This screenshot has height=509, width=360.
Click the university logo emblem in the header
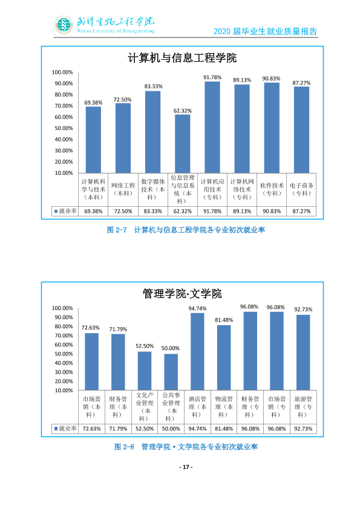point(64,25)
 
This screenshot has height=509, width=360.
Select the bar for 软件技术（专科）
point(272,128)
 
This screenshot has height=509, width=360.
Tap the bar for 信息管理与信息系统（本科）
point(183,144)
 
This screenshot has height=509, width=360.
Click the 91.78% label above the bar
point(212,77)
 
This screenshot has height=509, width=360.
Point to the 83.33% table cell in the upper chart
point(152,211)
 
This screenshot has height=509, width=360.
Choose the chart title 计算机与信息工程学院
point(182,58)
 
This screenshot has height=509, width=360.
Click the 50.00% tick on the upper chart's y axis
point(64,128)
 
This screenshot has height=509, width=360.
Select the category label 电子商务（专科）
point(301,189)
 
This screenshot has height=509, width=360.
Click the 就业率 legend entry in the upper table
point(65,211)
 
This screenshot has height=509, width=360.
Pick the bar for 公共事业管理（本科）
point(171,372)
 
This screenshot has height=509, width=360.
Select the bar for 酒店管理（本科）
point(197,352)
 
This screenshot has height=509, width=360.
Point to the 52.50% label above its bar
point(145,346)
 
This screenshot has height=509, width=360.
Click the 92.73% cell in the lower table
point(303,429)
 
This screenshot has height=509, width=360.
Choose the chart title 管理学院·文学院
point(182,294)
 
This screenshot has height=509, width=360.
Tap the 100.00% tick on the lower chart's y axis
point(62,308)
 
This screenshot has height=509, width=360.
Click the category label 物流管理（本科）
point(224,407)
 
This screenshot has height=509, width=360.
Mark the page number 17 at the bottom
point(186,467)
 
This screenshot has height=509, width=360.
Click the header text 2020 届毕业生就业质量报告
point(265,31)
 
